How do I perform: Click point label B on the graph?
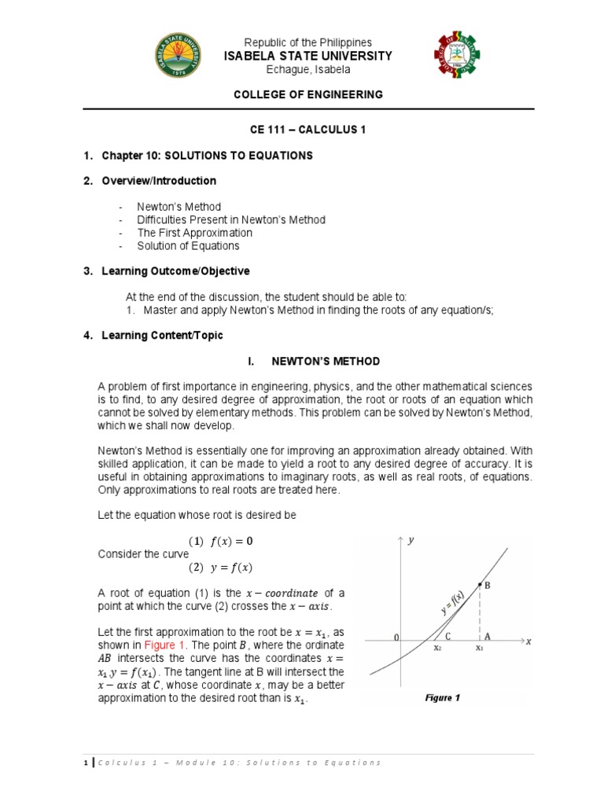coord(487,586)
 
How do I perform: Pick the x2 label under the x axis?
coord(437,649)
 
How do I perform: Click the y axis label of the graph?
coord(411,540)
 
